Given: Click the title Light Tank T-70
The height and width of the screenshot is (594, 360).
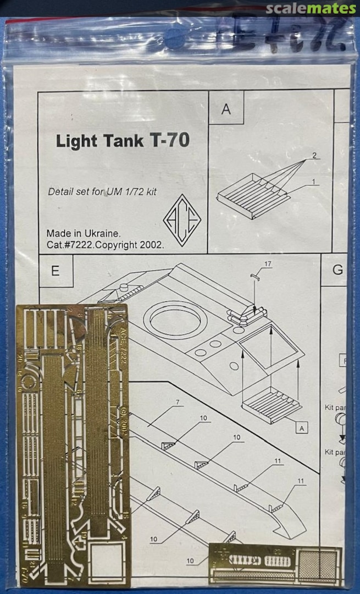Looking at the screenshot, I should (x=123, y=141).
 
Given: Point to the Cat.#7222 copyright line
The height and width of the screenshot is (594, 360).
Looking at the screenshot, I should (x=105, y=245).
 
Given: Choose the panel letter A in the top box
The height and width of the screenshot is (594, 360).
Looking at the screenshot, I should (x=226, y=109).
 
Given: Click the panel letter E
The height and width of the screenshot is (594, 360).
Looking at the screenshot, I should (x=56, y=271).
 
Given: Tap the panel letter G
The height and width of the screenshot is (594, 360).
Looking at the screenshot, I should (x=337, y=270).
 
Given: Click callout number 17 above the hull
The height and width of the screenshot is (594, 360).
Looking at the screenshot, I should (x=267, y=265).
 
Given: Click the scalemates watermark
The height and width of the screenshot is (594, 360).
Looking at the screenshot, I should (x=311, y=9).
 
